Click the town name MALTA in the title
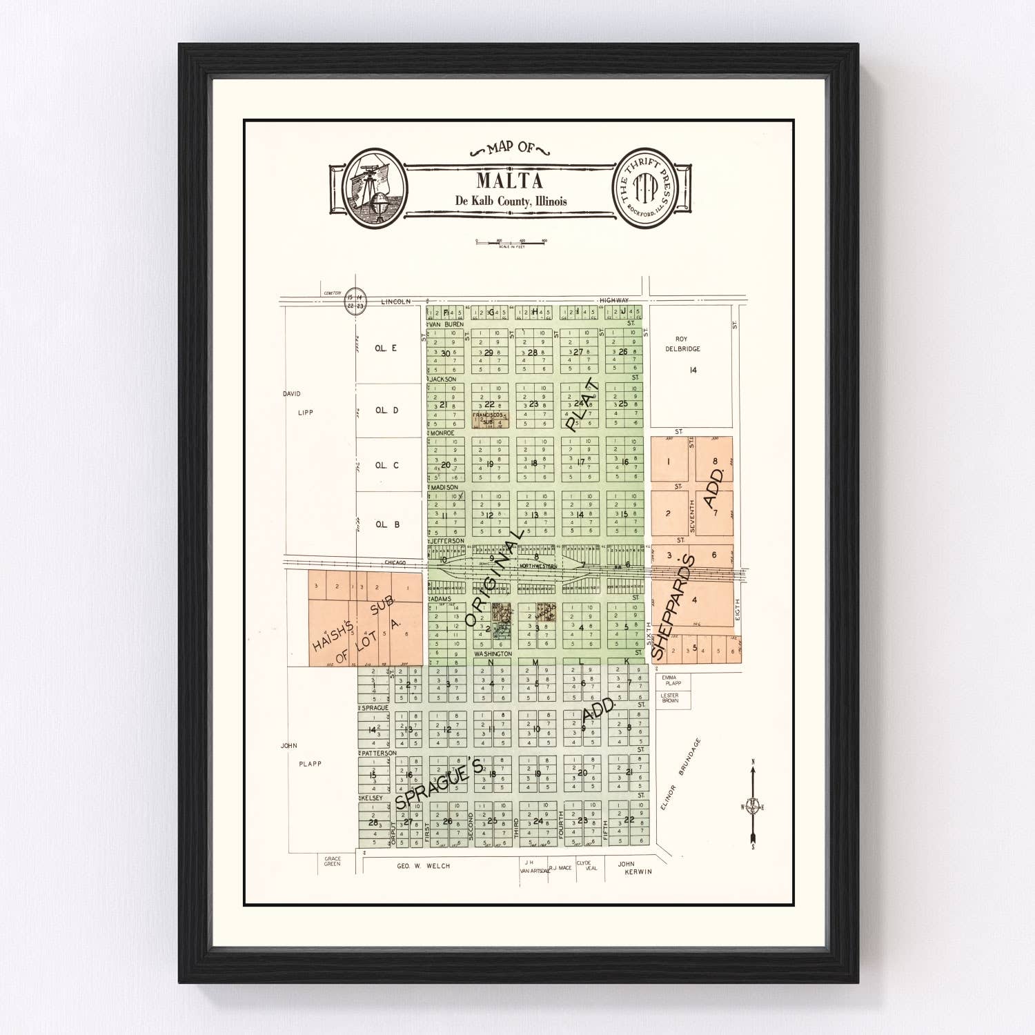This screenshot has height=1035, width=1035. (x=509, y=181)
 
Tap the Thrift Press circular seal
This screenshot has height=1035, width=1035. (x=646, y=188)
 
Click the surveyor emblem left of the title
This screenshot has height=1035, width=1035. (x=375, y=188)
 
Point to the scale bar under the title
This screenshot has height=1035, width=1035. (x=511, y=242)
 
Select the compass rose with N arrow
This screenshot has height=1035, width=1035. (x=753, y=806)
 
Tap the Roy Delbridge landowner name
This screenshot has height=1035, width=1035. (x=682, y=344)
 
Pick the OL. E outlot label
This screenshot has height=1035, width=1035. (x=386, y=348)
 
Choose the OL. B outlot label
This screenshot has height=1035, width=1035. (x=387, y=524)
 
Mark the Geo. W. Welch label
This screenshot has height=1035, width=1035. (x=423, y=866)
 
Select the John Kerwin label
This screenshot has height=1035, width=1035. (x=633, y=868)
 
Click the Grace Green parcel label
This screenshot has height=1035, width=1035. (x=333, y=861)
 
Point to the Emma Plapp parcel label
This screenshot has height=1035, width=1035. (x=671, y=680)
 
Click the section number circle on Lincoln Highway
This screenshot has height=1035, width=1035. (x=355, y=302)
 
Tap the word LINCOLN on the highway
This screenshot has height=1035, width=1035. (x=396, y=302)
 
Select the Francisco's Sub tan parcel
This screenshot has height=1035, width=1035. (x=491, y=419)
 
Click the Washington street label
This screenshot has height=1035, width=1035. (x=493, y=653)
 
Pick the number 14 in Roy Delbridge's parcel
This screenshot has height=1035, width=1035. (x=693, y=371)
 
